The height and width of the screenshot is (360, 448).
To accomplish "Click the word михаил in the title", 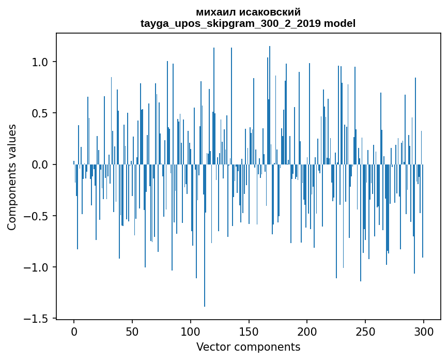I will tap(214, 12).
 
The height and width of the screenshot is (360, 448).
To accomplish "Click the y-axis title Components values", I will tap(12, 177).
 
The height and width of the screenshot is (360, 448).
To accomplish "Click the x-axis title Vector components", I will tap(248, 347).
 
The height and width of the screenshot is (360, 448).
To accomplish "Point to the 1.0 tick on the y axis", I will tap(40, 62).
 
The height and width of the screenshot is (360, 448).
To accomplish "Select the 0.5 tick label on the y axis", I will tap(40, 113).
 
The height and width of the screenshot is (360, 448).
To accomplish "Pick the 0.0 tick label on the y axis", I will tap(40, 164).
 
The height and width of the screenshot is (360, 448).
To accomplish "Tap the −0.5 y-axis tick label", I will tap(37, 216).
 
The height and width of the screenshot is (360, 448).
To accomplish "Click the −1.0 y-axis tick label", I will tap(37, 267).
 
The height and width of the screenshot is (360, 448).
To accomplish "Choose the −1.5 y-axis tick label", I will tap(37, 319).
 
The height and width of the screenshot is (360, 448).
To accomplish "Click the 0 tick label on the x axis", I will tap(74, 330).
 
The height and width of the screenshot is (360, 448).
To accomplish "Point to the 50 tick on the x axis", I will tap(132, 330).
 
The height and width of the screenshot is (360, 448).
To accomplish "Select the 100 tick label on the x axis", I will tap(191, 330).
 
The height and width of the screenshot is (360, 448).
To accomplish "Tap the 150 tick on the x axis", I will tap(249, 330).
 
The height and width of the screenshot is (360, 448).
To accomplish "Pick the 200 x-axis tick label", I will tap(307, 330).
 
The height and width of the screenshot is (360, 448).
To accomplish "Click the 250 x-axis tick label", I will tap(365, 330).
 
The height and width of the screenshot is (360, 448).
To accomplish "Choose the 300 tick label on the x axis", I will tap(424, 330).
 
